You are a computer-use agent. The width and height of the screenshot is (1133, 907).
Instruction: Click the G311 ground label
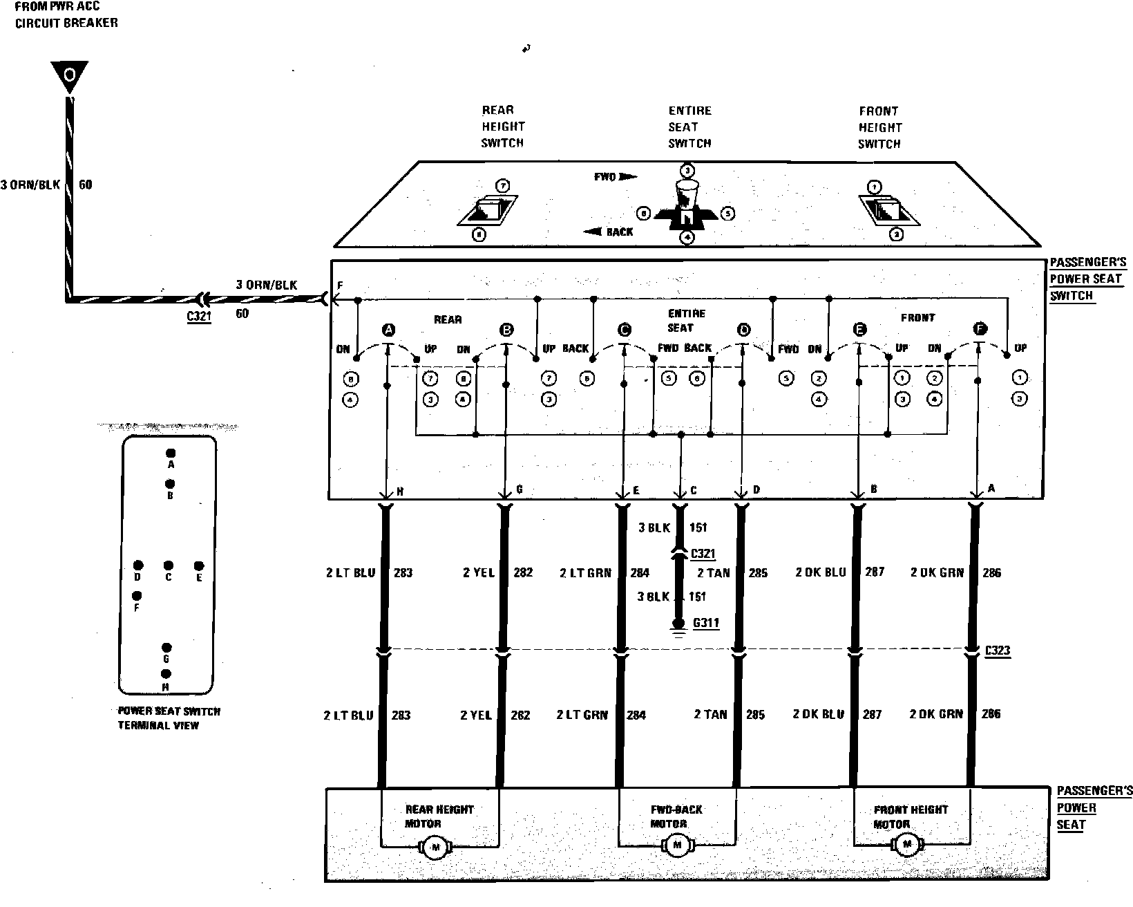tap(705, 623)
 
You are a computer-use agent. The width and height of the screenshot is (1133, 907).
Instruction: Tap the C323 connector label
tap(997, 651)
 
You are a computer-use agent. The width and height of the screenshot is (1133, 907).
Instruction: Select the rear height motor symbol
tap(435, 847)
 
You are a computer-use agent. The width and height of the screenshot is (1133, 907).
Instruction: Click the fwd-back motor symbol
tap(677, 844)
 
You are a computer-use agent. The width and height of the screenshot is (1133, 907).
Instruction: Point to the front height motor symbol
tap(906, 843)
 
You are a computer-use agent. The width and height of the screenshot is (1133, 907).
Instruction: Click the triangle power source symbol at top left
tap(68, 75)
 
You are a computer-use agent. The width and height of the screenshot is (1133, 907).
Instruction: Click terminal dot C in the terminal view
tap(168, 565)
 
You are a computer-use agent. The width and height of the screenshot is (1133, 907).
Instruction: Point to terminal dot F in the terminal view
tap(137, 596)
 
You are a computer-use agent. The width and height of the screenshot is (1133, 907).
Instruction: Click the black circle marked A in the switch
tap(389, 330)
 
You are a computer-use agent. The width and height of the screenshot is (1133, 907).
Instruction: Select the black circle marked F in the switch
tap(979, 329)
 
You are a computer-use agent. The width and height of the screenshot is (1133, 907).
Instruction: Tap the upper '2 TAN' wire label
tap(714, 572)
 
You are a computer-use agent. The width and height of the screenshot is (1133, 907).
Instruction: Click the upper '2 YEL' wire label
tap(479, 572)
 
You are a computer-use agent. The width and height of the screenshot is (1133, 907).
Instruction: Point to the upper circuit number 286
tap(991, 572)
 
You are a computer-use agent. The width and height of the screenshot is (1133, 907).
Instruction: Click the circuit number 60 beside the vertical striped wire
tap(86, 185)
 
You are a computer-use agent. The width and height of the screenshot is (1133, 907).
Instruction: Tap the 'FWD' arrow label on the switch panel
tap(615, 177)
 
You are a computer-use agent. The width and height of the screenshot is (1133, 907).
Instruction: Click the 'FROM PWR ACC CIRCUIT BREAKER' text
tap(66, 15)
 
